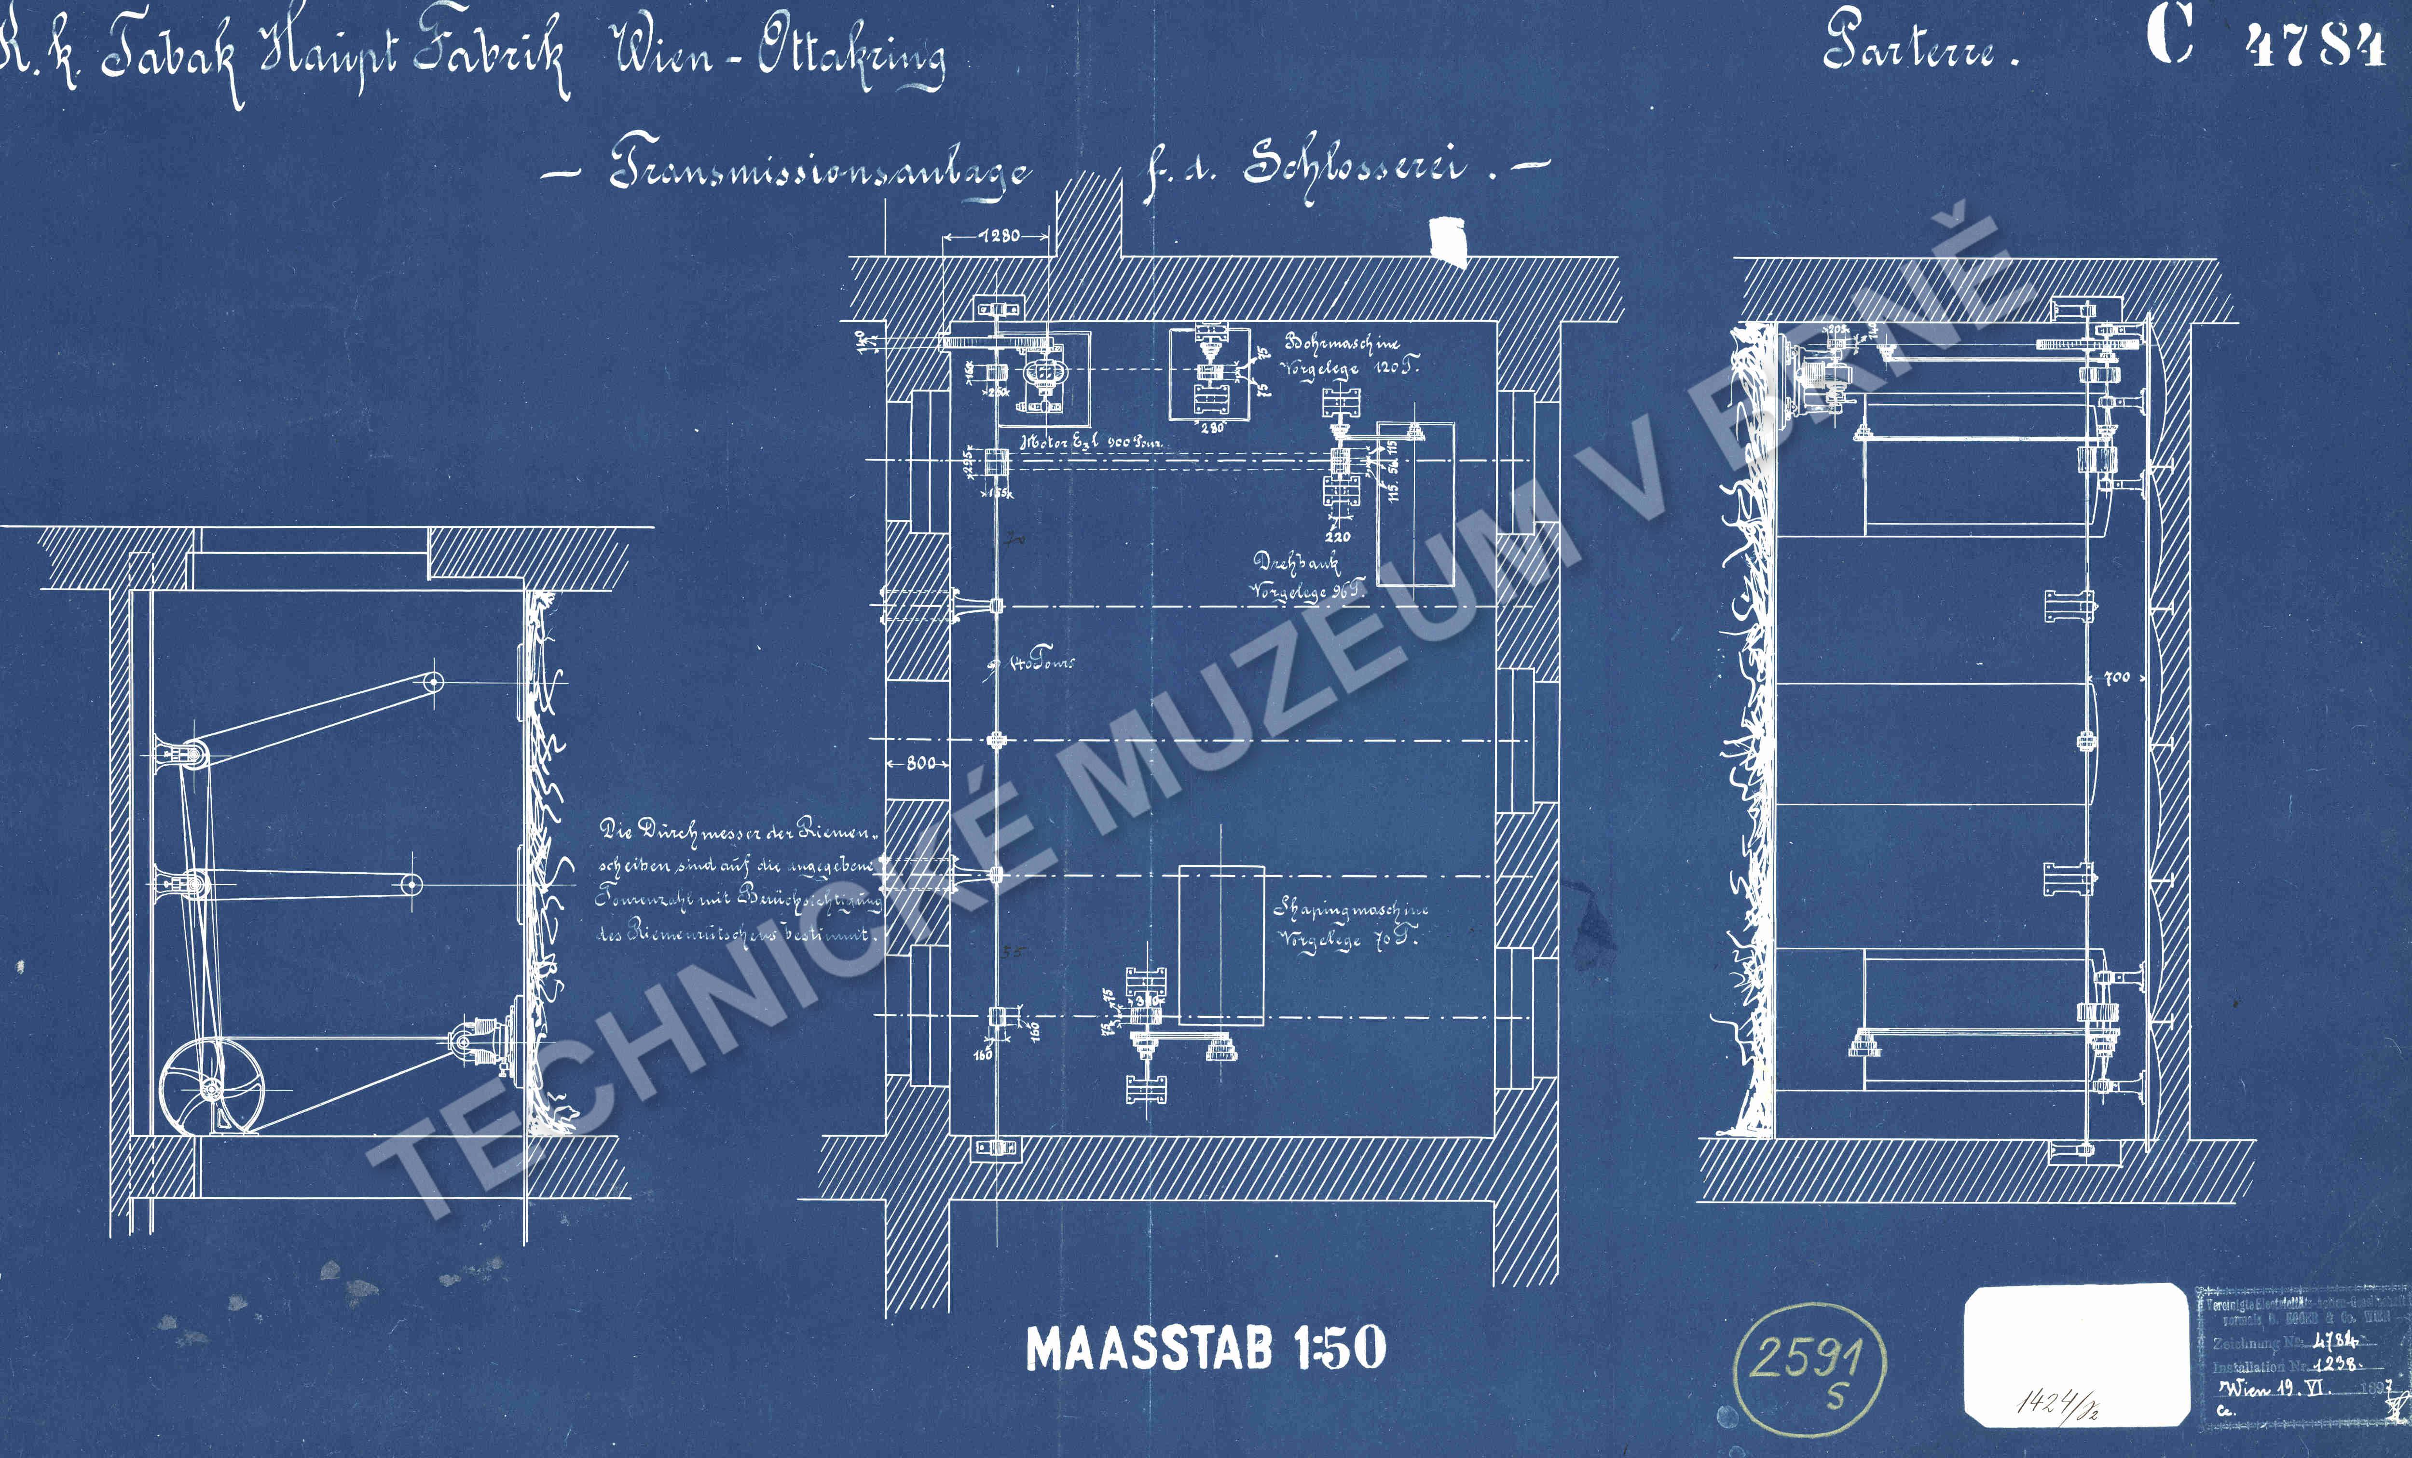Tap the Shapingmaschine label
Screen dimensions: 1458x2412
1351,910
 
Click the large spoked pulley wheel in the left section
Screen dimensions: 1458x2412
211,1088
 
